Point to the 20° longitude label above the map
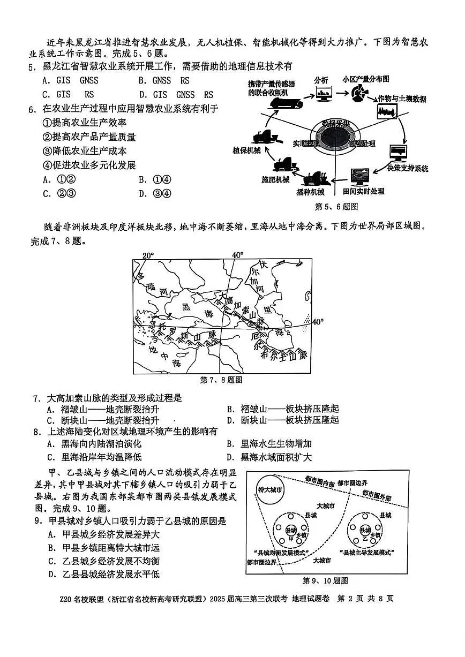tap(148, 255)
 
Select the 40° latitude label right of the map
tap(318, 322)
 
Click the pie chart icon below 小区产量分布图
tap(358, 94)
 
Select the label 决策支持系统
tap(408, 169)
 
